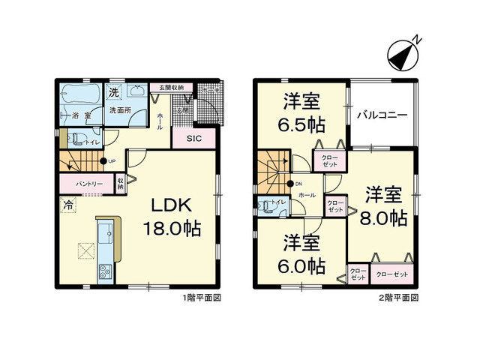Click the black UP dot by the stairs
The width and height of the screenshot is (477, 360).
pos(103,161)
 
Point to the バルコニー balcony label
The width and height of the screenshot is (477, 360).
pos(381,116)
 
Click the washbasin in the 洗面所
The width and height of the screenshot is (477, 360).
pos(138,93)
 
